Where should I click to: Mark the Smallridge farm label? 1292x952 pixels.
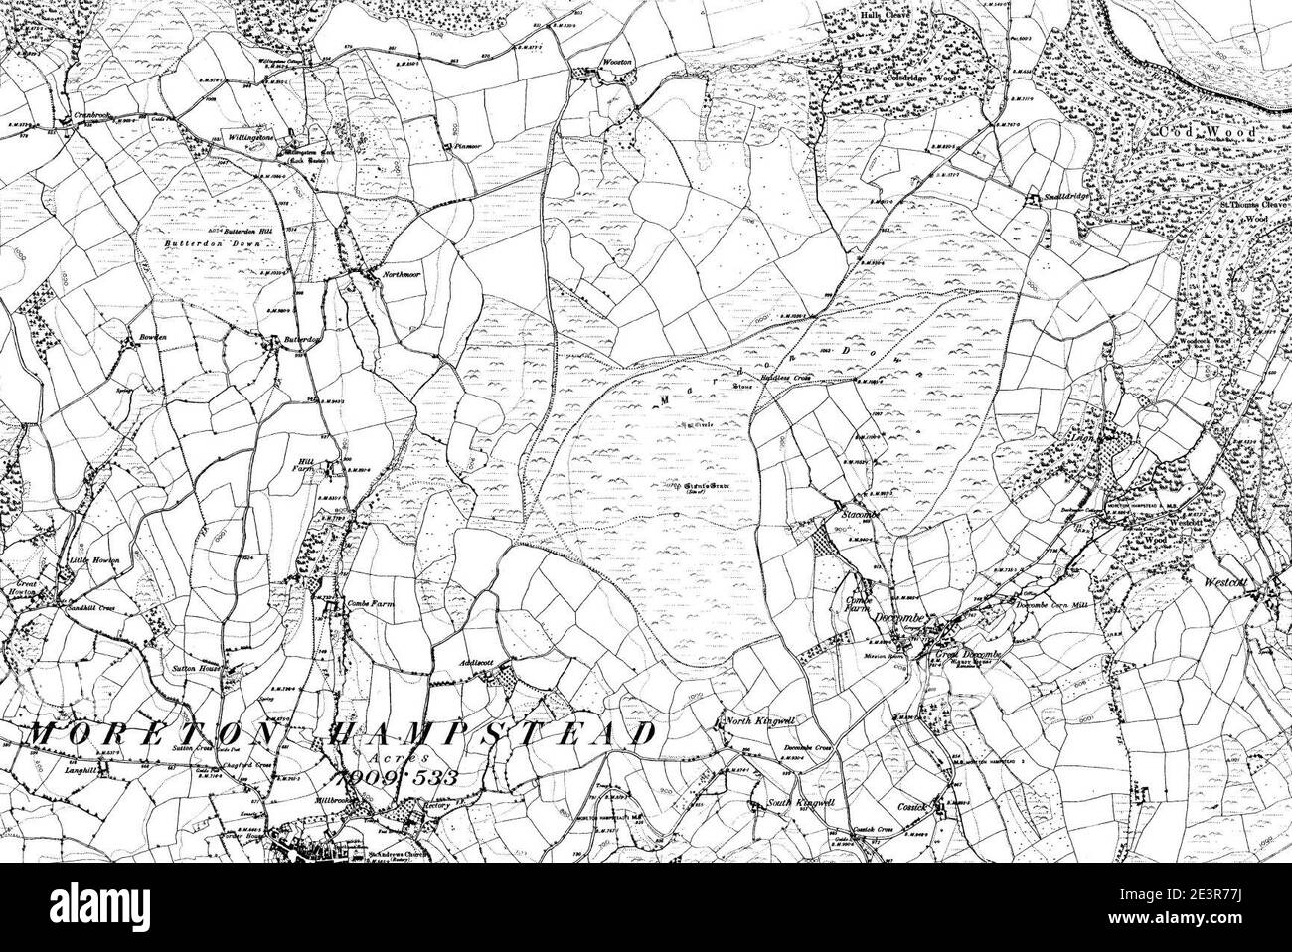1063,198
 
